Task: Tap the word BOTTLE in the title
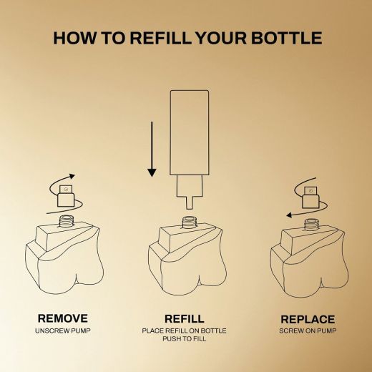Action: coord(287,38)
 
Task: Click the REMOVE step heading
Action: coord(63,318)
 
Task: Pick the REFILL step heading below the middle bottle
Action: coord(185,319)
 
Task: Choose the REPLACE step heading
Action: coord(308,319)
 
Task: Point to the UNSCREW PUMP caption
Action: coord(63,331)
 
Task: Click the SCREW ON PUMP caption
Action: coord(308,331)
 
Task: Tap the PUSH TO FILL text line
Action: coord(185,339)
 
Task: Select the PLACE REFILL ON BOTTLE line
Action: coord(184,331)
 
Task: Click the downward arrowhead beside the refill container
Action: coord(152,172)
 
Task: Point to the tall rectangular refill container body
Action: coord(190,132)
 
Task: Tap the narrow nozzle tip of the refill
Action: coord(190,203)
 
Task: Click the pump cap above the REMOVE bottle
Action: coord(66,195)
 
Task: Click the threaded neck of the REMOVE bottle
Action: coord(66,220)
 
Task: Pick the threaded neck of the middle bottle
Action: coord(190,222)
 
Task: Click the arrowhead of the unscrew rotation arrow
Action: coord(72,176)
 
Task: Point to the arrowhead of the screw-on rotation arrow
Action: coord(289,215)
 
